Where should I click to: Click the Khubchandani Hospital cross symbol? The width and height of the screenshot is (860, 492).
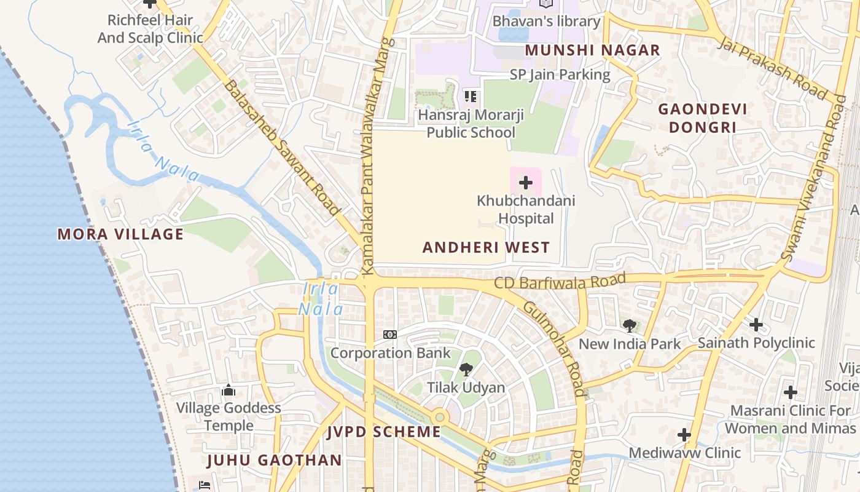[x=526, y=183]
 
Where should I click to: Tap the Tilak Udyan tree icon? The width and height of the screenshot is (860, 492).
[x=466, y=370]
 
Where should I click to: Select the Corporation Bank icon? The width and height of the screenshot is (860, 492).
[x=390, y=335]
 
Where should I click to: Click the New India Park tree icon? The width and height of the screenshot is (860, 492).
[x=629, y=326]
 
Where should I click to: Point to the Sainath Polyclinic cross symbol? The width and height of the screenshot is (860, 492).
[x=756, y=324]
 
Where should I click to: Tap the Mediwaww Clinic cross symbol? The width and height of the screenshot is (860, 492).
[x=684, y=435]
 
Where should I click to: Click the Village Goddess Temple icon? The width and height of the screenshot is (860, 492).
[x=229, y=390]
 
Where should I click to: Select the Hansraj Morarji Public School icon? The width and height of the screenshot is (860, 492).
[x=471, y=97]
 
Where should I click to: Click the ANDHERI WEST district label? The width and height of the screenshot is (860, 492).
[x=486, y=248]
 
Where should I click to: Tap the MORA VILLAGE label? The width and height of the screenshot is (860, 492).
[x=120, y=234]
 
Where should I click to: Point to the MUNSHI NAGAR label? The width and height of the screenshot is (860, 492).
[x=592, y=50]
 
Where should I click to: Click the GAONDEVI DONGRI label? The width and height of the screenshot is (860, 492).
[x=703, y=119]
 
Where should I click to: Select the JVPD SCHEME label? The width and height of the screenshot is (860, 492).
[x=384, y=432]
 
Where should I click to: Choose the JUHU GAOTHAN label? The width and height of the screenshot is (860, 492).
[x=274, y=460]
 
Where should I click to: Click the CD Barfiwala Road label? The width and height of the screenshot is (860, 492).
[x=560, y=282]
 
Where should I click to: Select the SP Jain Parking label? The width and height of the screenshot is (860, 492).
[x=560, y=75]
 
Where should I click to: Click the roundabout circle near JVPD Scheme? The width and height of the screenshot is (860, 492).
[x=439, y=417]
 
